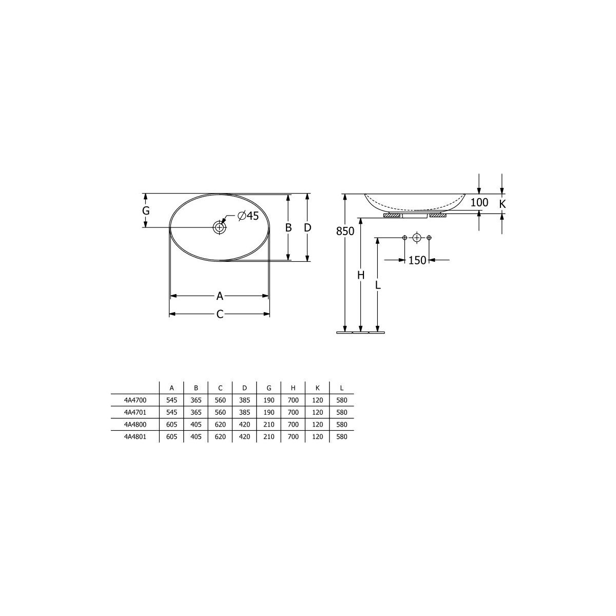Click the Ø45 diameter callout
248,216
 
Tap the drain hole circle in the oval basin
220,227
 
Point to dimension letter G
146,210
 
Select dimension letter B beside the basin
288,227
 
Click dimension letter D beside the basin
307,227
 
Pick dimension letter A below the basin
220,296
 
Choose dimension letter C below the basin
220,314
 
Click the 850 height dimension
345,231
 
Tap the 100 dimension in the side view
479,202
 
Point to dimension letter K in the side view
502,204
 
